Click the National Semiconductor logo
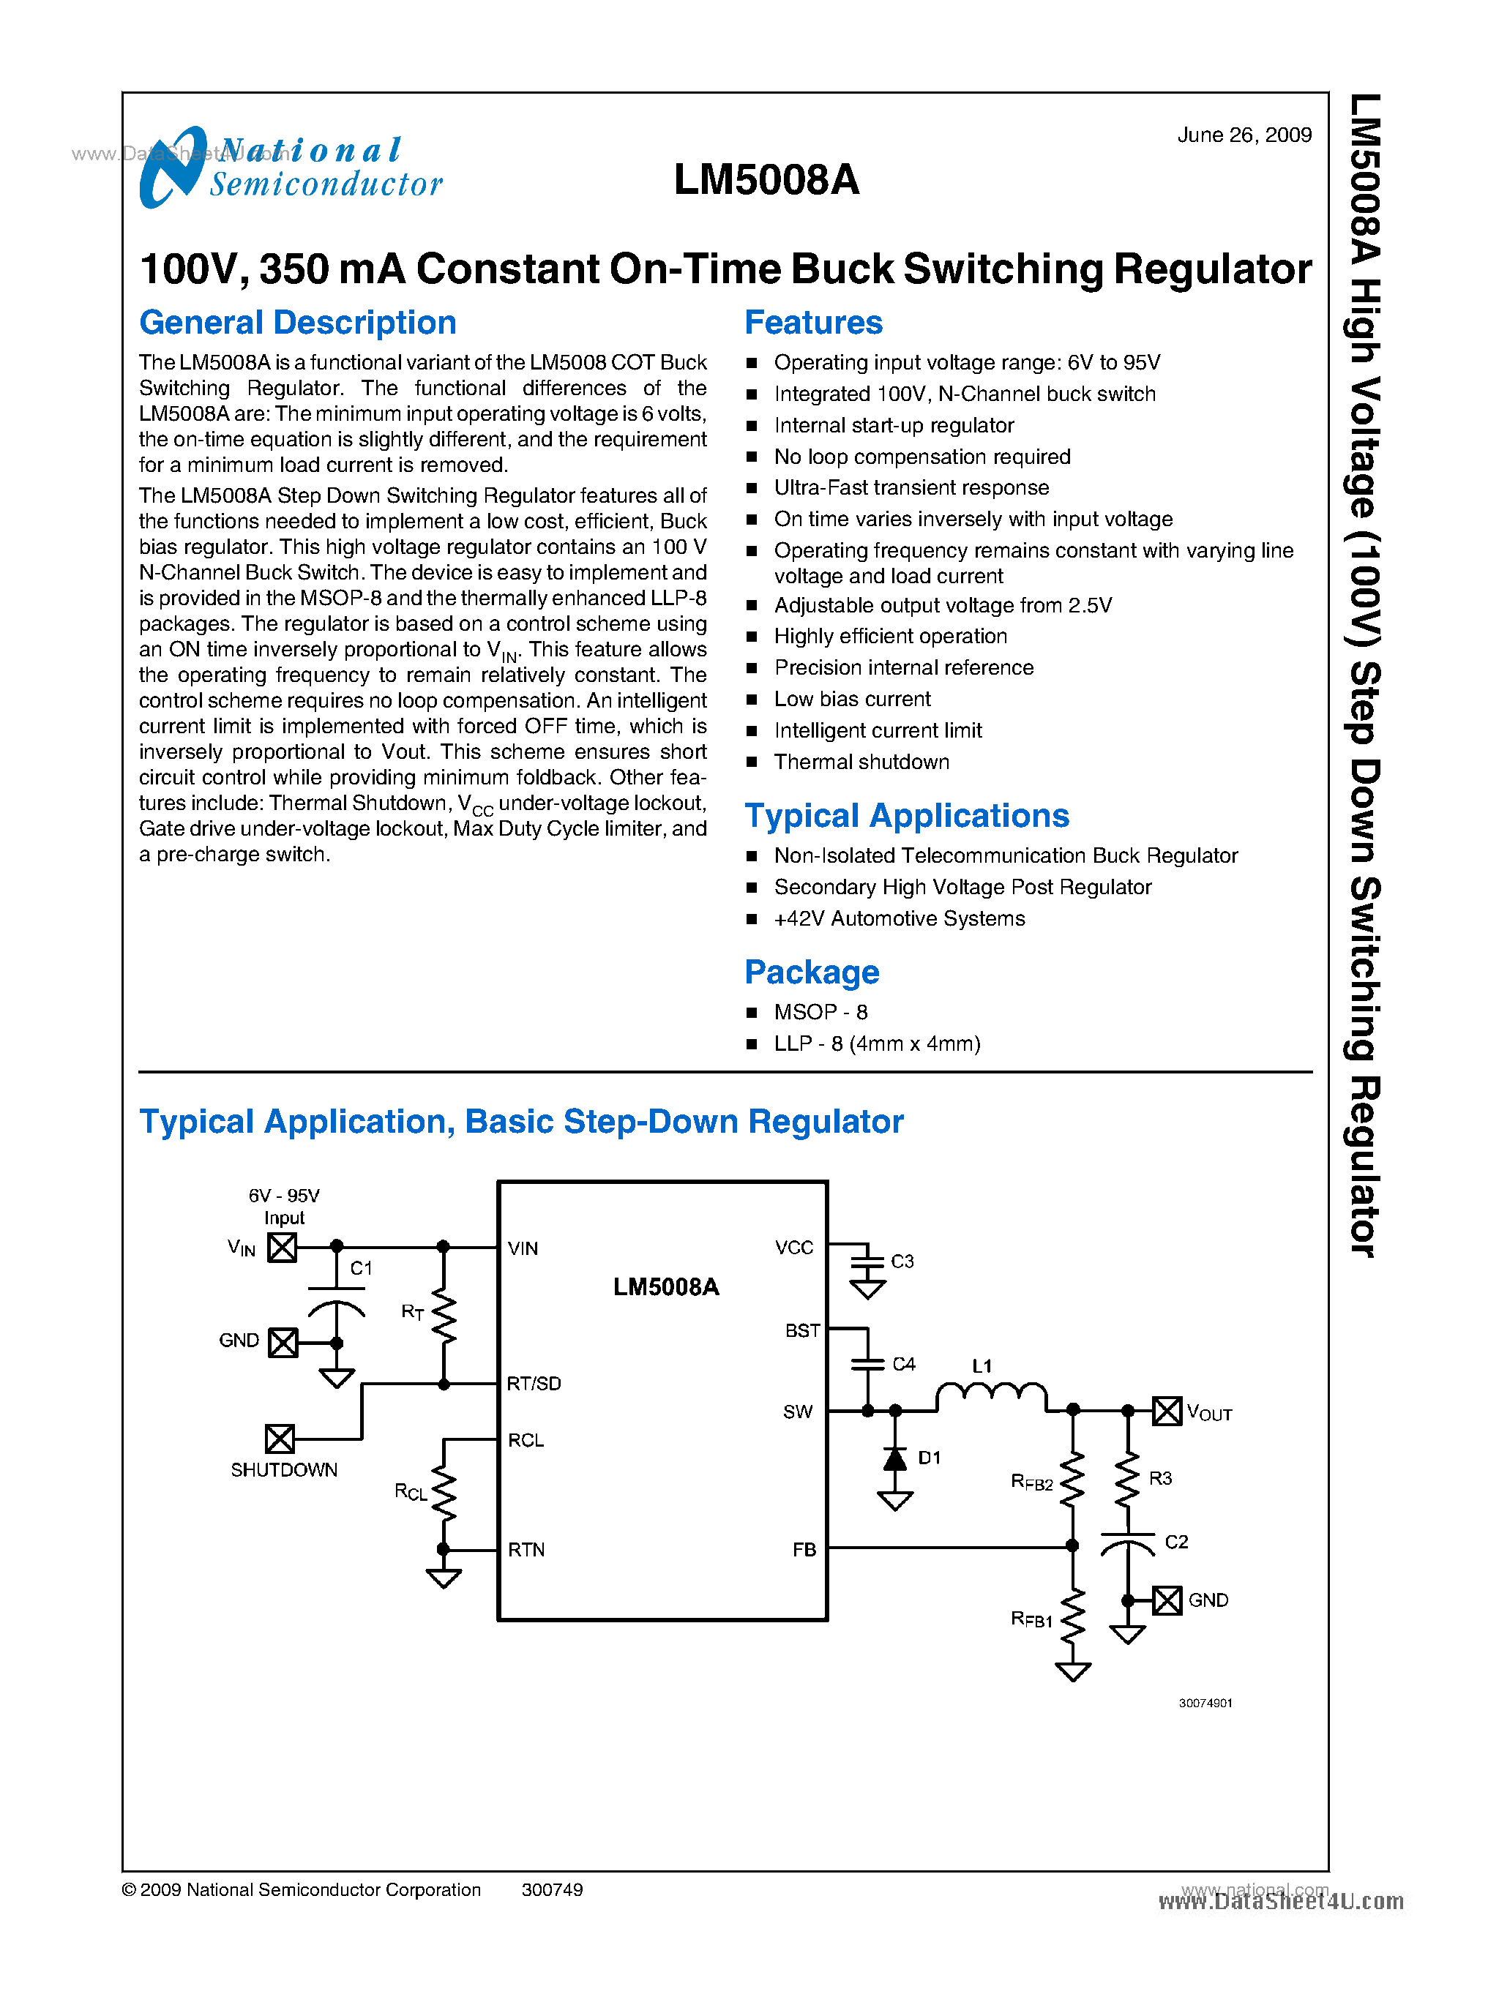click(x=290, y=168)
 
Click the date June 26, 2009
click(x=1243, y=135)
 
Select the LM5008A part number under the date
click(x=766, y=179)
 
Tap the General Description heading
click(x=297, y=323)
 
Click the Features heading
click(x=812, y=323)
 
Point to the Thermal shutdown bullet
click(x=860, y=762)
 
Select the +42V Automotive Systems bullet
click(x=898, y=918)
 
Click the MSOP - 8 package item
click(x=820, y=1012)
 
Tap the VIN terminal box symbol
click(x=282, y=1248)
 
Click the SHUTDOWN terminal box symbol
click(x=279, y=1439)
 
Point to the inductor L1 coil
click(x=991, y=1394)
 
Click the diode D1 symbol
click(x=894, y=1459)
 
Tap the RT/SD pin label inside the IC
click(x=534, y=1384)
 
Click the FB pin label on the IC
click(x=804, y=1549)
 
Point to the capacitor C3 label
click(x=902, y=1261)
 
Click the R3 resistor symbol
click(x=1127, y=1480)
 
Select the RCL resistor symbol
click(x=443, y=1494)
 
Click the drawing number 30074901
click(x=1205, y=1703)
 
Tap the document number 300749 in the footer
click(x=551, y=1889)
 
